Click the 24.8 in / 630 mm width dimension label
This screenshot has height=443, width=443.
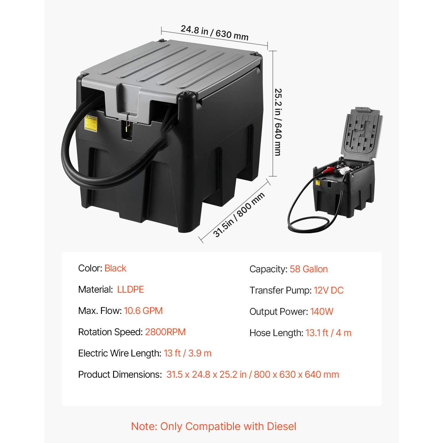click(214, 32)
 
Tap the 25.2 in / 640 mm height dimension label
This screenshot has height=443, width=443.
click(278, 122)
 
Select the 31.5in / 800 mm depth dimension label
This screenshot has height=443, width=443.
click(239, 214)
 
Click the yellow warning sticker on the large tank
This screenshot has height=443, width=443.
click(91, 123)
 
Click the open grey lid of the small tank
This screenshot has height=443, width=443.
click(363, 134)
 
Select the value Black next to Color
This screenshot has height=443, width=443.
click(115, 268)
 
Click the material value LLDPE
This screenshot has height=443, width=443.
click(131, 289)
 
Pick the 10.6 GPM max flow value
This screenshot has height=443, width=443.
click(143, 311)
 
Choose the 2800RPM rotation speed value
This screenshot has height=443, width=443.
click(165, 332)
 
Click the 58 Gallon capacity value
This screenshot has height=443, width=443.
click(309, 269)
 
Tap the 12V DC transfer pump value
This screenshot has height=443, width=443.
click(329, 290)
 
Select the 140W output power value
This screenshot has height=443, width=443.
click(322, 312)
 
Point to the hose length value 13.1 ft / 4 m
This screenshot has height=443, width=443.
click(328, 333)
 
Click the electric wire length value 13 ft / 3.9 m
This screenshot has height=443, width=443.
click(188, 353)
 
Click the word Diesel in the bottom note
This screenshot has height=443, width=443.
click(281, 426)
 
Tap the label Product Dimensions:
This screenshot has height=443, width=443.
click(120, 374)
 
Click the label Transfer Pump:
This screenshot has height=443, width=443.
click(280, 290)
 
